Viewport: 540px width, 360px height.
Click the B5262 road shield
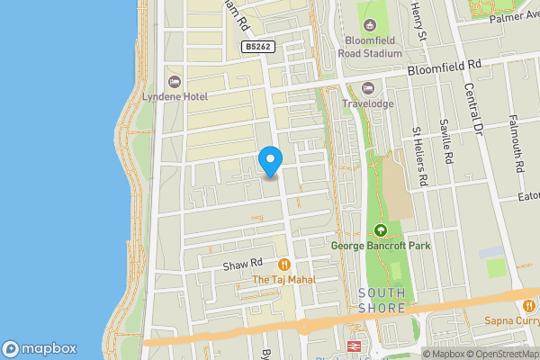[x=257, y=46]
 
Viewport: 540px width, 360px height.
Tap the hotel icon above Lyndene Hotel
[x=173, y=80]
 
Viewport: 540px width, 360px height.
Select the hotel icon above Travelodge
[x=367, y=87]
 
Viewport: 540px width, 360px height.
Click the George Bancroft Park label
[x=381, y=246]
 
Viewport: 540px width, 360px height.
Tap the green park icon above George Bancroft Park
[x=380, y=230]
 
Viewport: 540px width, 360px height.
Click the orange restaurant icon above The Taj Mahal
[x=284, y=265]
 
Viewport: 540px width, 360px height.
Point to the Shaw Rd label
[x=242, y=263]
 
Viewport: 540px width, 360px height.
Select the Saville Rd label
[x=446, y=140]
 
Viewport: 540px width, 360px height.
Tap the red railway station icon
[x=354, y=346]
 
